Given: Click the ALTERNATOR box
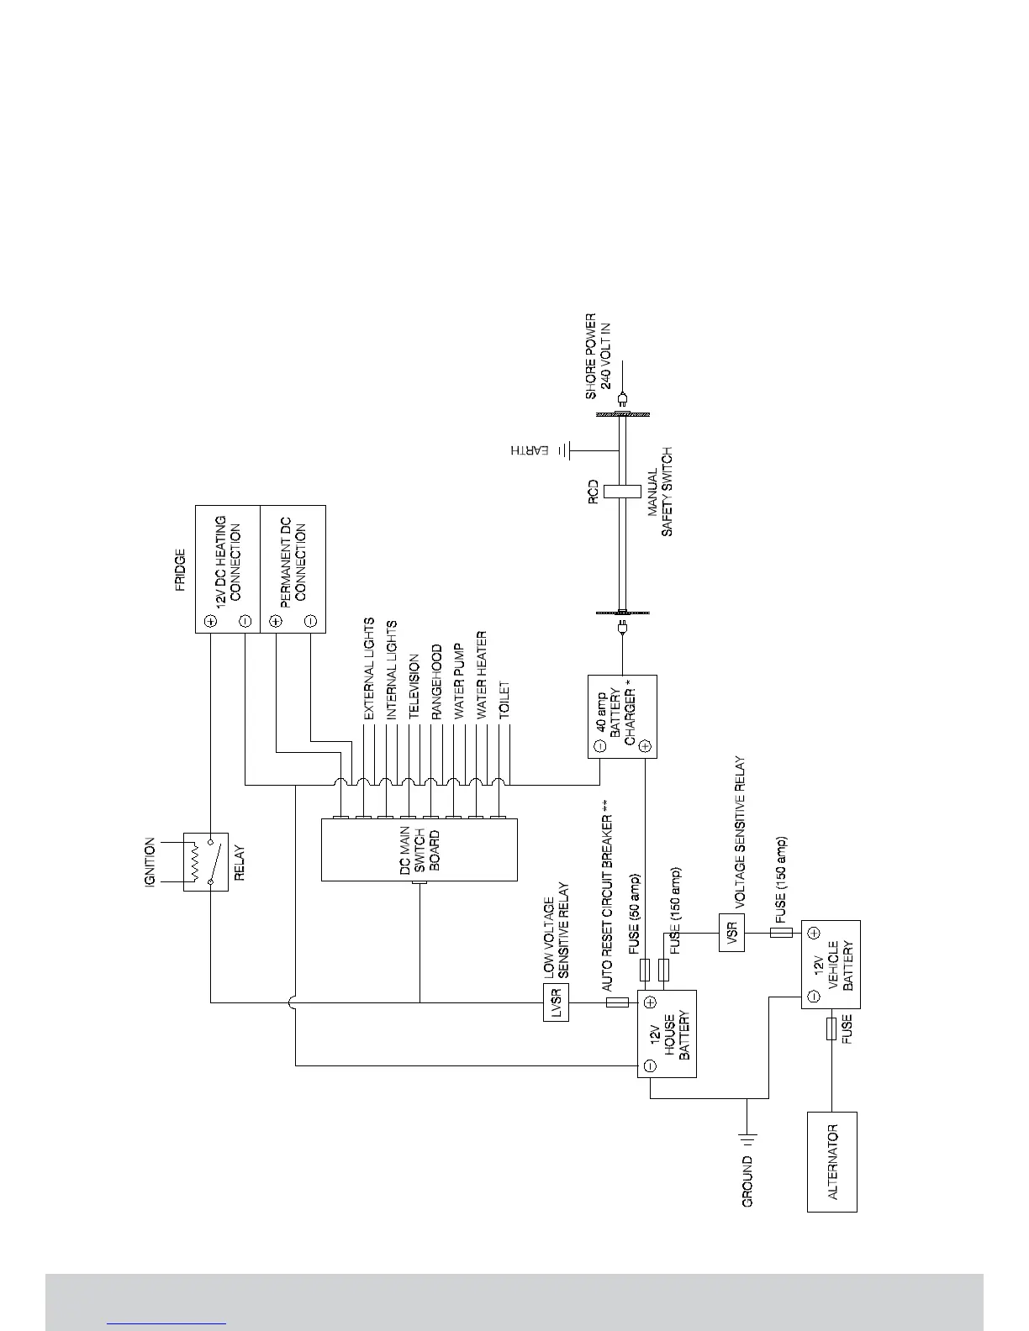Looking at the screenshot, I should point(831,1161).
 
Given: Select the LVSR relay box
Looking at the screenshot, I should point(556,1002).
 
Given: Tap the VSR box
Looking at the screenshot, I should point(731,932).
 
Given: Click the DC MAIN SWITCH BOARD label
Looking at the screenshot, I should point(419,849).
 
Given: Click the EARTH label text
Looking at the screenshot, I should point(530,451).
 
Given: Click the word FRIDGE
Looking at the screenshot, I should point(180,571).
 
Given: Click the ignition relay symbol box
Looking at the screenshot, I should point(206,861).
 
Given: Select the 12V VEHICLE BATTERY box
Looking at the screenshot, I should point(831,965).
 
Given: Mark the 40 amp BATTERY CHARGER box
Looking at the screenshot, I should point(622,716).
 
